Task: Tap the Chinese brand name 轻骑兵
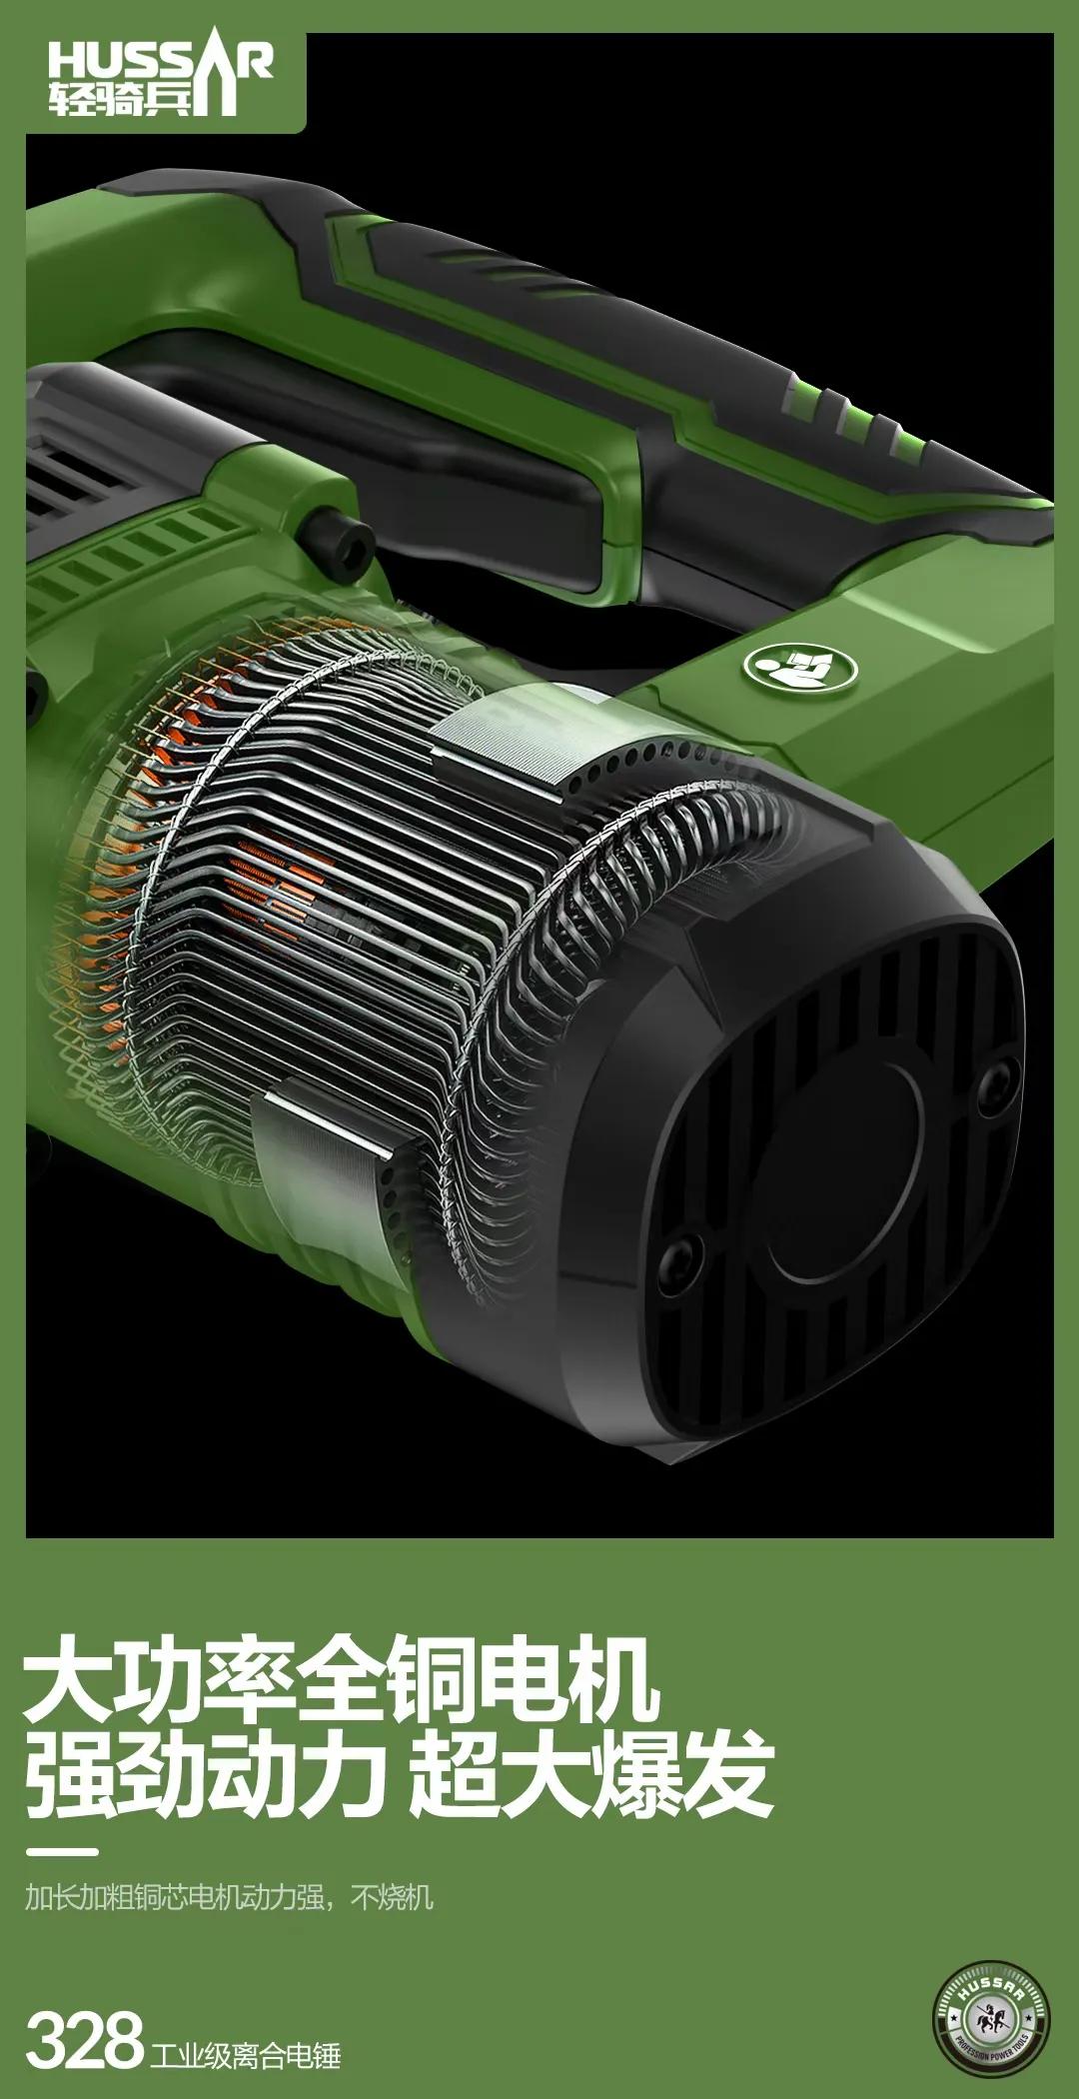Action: tap(120, 99)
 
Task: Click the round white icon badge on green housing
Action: tap(800, 665)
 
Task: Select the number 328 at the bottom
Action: tap(84, 2041)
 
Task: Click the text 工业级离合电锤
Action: tap(246, 2054)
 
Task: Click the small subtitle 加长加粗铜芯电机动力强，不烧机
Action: tap(229, 1896)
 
